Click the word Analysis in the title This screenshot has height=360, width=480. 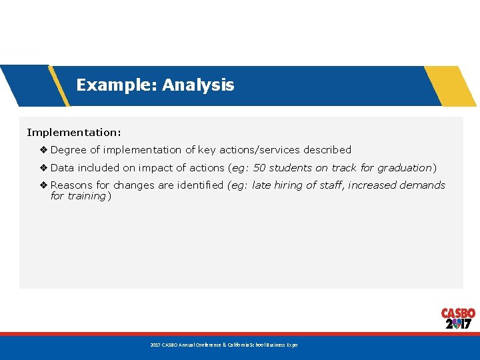click(x=198, y=85)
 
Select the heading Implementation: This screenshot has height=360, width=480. click(x=74, y=133)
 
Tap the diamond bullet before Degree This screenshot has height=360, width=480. click(x=43, y=150)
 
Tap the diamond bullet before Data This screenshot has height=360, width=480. click(x=43, y=168)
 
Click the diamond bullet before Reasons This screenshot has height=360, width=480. click(x=43, y=185)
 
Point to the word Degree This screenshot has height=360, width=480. click(x=69, y=150)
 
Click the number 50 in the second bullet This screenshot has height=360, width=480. click(x=260, y=168)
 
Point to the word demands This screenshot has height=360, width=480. click(x=422, y=185)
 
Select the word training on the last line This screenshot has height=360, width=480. click(x=87, y=196)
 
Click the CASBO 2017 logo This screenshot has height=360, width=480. click(x=458, y=319)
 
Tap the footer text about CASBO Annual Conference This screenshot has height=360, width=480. click(x=224, y=345)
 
